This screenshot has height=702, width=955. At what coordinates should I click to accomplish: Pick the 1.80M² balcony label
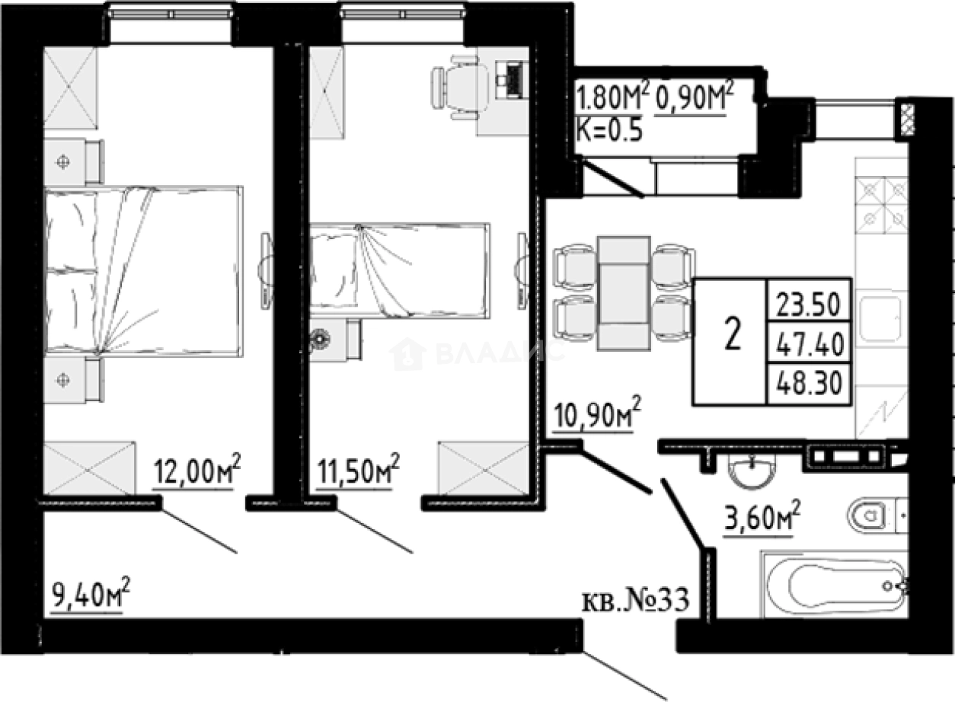click(612, 99)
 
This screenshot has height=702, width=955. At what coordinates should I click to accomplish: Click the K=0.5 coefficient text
click(610, 129)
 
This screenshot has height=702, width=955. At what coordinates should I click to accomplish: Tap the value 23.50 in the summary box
click(808, 305)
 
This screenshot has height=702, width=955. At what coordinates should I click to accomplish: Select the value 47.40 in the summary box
click(808, 346)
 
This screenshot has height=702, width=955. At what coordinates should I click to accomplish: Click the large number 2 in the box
click(732, 335)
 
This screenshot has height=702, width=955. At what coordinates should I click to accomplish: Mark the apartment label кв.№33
click(635, 601)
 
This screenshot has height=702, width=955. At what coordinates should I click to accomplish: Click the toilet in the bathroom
click(872, 517)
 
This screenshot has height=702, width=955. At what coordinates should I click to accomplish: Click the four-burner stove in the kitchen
click(882, 204)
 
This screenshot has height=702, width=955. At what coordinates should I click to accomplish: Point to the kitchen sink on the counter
click(881, 321)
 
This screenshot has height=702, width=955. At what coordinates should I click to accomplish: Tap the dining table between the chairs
click(624, 293)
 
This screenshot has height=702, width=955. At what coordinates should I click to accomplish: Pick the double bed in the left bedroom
click(143, 271)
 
